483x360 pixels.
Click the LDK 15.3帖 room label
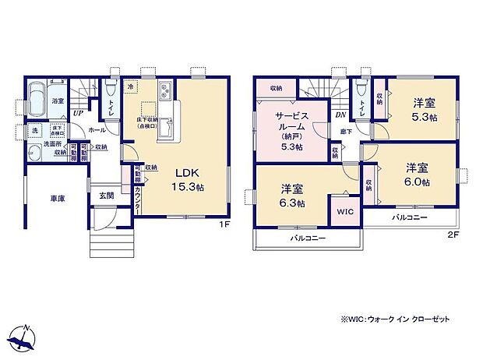point(190,178)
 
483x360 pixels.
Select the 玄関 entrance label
point(108,196)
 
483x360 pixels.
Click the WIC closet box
point(344,211)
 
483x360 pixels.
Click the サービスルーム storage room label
point(292,132)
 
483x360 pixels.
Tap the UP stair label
point(77,113)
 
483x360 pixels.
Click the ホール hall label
point(97,129)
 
